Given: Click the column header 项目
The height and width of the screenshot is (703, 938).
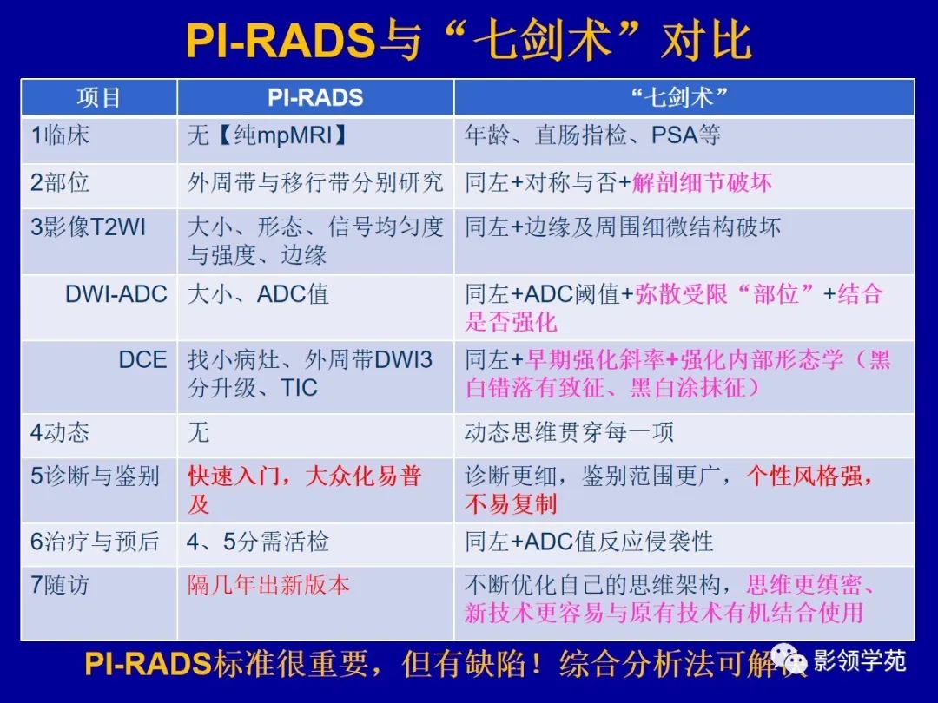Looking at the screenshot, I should pyautogui.click(x=98, y=97).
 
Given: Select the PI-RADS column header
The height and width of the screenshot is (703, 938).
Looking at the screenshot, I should pyautogui.click(x=314, y=97).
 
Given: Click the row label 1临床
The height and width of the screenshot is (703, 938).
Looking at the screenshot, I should pyautogui.click(x=60, y=135).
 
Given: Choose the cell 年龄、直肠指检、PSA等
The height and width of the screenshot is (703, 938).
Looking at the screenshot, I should pyautogui.click(x=592, y=135).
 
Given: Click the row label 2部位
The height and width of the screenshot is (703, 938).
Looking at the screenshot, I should pyautogui.click(x=60, y=182).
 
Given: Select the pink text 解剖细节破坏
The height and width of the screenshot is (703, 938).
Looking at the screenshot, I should pyautogui.click(x=702, y=182).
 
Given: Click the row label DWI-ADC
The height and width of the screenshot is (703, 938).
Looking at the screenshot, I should pyautogui.click(x=116, y=293).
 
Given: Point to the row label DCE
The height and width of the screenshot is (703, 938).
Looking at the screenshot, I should pyautogui.click(x=142, y=359).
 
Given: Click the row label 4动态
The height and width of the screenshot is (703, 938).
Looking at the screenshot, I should pyautogui.click(x=60, y=431).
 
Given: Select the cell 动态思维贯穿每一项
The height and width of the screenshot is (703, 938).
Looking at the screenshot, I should pyautogui.click(x=569, y=431).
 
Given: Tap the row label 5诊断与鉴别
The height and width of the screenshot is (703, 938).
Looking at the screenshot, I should pyautogui.click(x=95, y=476).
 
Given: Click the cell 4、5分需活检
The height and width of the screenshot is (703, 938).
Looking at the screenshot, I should pyautogui.click(x=258, y=542).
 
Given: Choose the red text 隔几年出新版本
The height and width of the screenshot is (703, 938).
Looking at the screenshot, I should pyautogui.click(x=268, y=585).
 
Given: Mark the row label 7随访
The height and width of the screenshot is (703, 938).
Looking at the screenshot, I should pyautogui.click(x=60, y=585).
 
